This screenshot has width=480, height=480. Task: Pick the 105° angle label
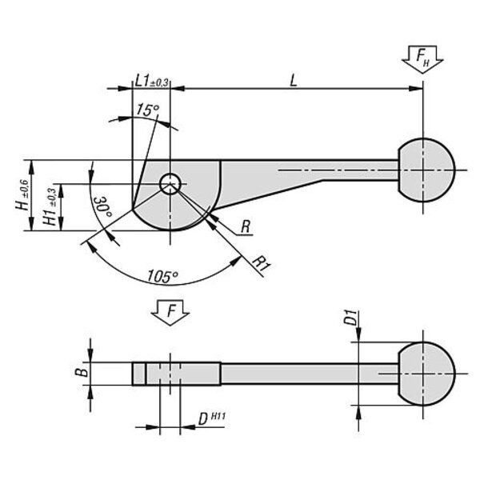pos(162,276)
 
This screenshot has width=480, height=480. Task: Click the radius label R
pos(246,228)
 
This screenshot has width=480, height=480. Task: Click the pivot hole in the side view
pos(170,185)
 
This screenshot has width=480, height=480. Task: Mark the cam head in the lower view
pos(176,374)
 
